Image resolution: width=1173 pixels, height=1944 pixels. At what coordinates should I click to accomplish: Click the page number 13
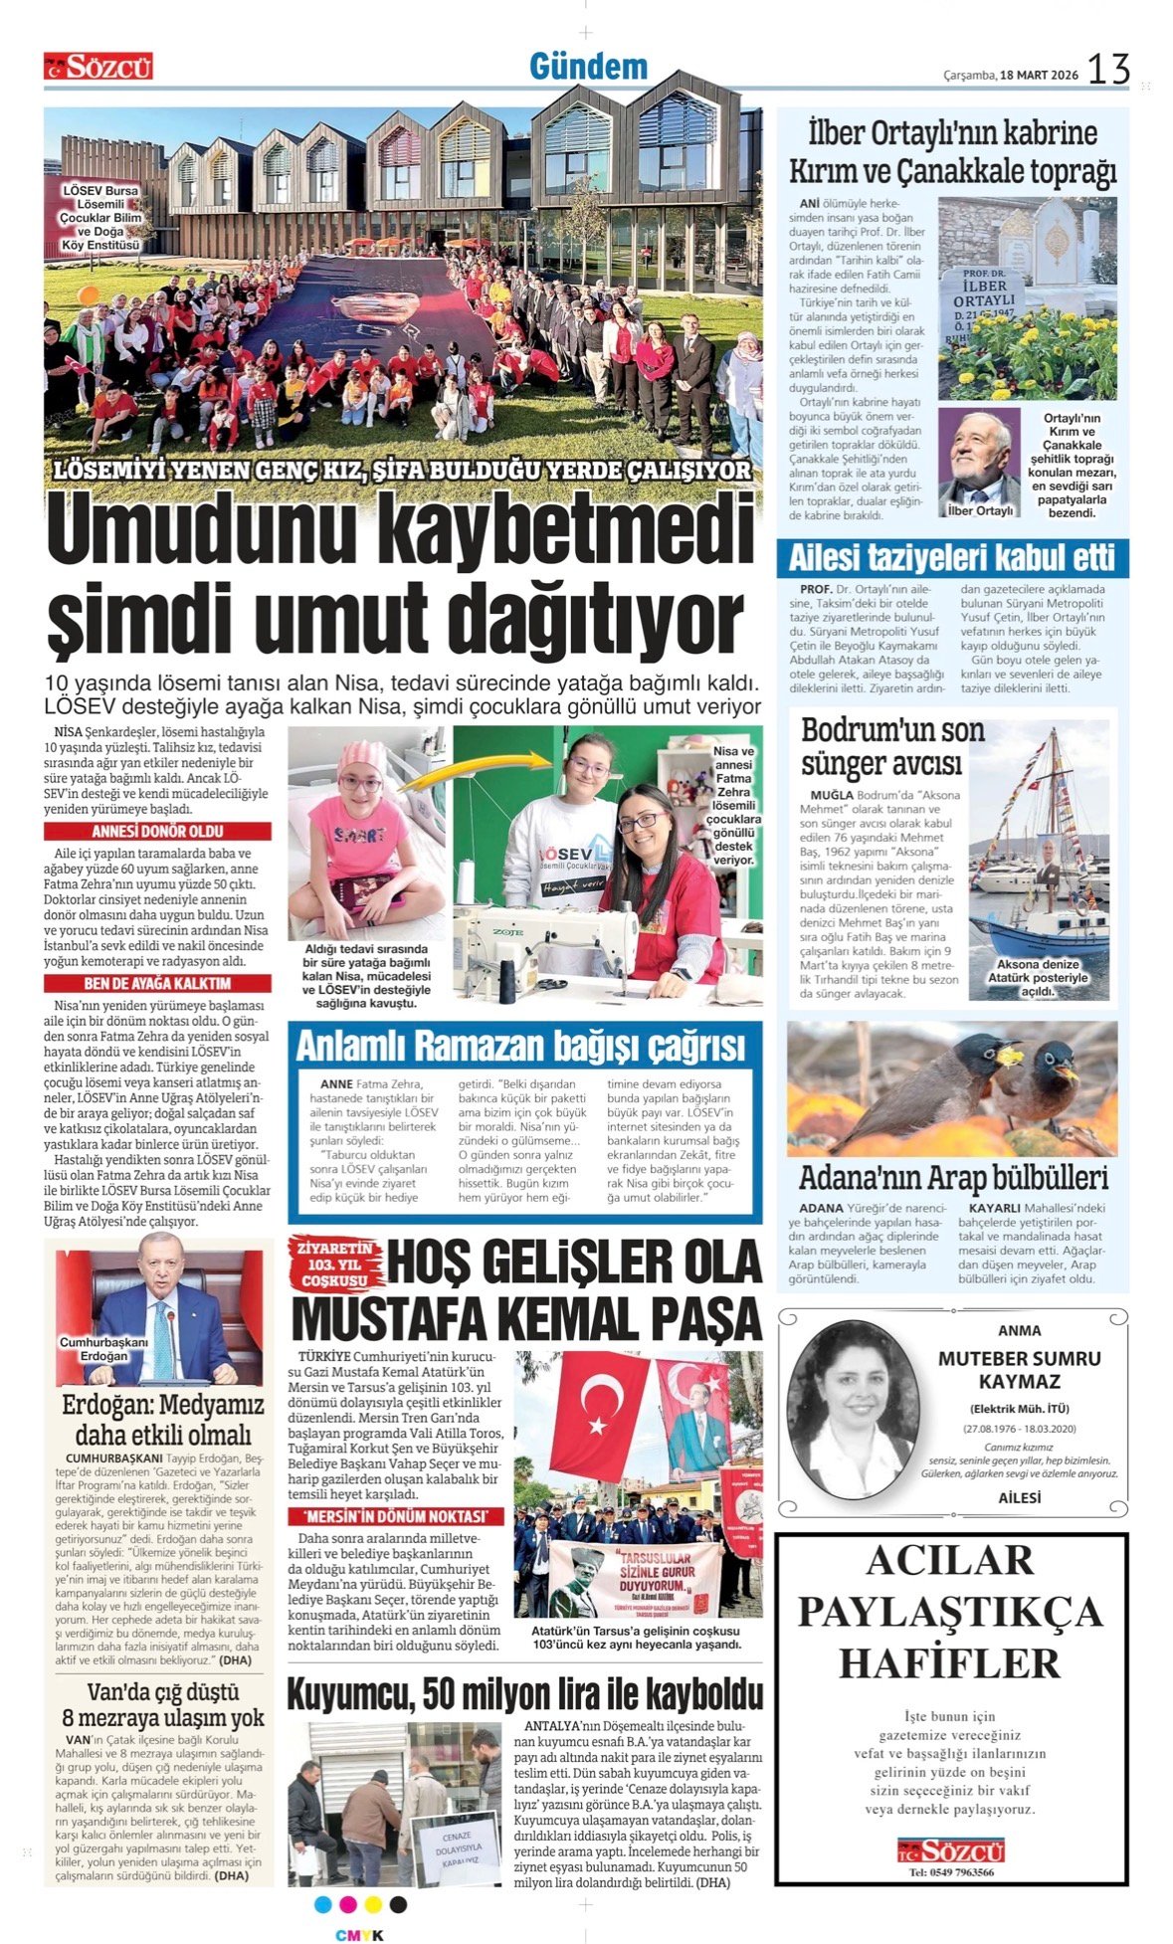pyautogui.click(x=1108, y=69)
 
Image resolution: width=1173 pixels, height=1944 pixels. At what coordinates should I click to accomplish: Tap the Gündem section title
pyautogui.click(x=588, y=67)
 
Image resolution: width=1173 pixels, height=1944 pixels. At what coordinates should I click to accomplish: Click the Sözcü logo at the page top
pyautogui.click(x=98, y=67)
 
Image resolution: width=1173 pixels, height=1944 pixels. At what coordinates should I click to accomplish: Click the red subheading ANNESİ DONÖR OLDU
pyautogui.click(x=157, y=832)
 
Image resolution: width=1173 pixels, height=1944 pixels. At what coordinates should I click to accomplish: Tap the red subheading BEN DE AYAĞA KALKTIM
pyautogui.click(x=157, y=984)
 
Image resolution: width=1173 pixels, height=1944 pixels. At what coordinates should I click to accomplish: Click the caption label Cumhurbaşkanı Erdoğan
pyautogui.click(x=103, y=1349)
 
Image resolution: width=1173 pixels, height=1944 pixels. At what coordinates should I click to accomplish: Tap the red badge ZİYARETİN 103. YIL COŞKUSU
pyautogui.click(x=334, y=1264)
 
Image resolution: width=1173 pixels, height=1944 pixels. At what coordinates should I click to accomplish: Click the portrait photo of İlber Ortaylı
pyautogui.click(x=979, y=462)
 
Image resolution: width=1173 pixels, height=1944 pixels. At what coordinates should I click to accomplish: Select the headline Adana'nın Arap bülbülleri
pyautogui.click(x=952, y=1178)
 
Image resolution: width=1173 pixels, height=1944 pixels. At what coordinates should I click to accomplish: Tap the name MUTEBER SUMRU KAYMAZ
pyautogui.click(x=1019, y=1370)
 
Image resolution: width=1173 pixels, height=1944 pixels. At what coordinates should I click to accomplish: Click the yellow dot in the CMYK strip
pyautogui.click(x=373, y=1904)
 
